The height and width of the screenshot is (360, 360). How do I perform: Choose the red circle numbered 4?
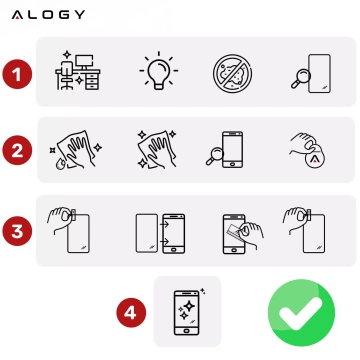129,312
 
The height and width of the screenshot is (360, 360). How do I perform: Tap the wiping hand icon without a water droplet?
154,148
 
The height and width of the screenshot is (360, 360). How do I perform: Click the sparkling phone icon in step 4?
187,310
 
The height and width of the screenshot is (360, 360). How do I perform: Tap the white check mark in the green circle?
301,313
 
